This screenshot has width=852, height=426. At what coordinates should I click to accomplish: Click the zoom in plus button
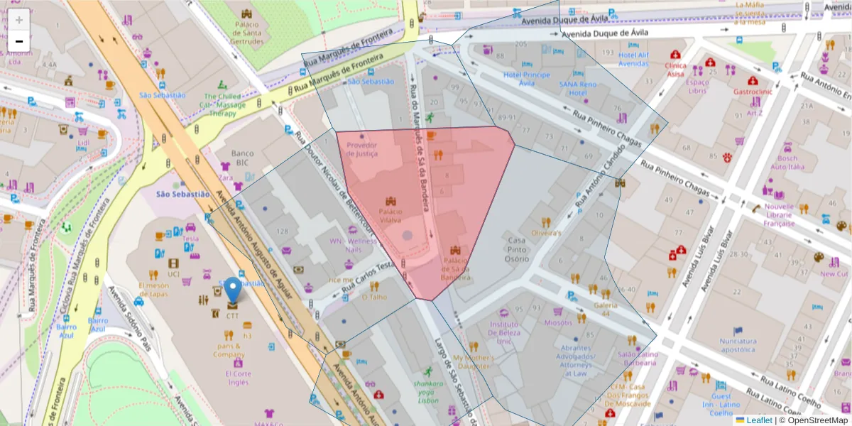(x=19, y=19)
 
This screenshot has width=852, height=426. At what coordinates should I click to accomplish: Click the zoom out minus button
(x=19, y=41)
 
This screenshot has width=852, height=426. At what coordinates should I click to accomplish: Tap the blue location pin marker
(x=233, y=292)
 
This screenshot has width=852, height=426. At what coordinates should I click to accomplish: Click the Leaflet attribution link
(x=758, y=420)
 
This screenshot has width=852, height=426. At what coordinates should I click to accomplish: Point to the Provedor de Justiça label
(x=362, y=149)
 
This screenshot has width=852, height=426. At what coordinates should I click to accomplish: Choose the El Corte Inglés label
(x=238, y=378)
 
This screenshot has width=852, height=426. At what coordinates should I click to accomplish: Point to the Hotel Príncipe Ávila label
(x=526, y=78)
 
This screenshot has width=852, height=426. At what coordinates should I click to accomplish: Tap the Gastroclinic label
(x=753, y=92)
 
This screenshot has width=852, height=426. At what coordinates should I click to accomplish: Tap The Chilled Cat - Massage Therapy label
(x=222, y=105)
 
